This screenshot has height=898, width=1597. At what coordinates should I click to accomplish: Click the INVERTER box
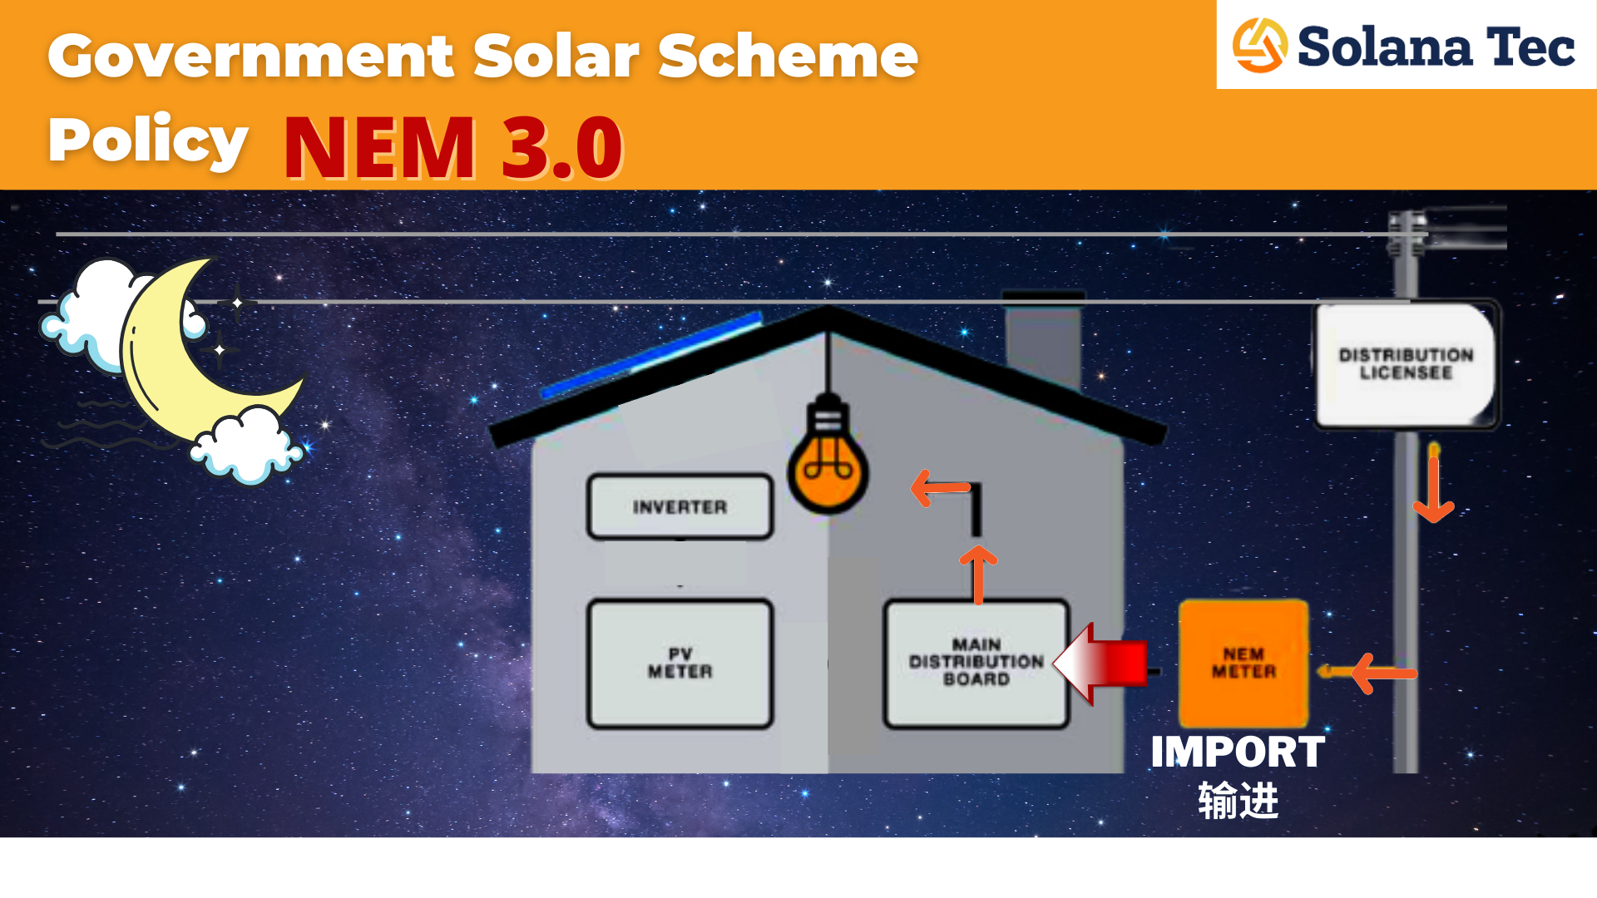click(680, 506)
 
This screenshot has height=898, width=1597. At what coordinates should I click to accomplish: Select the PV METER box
click(680, 663)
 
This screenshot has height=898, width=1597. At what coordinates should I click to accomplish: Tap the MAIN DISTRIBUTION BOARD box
click(976, 663)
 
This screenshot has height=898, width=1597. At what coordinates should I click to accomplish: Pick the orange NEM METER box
click(1243, 663)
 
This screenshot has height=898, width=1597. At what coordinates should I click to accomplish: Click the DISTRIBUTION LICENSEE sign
click(1406, 364)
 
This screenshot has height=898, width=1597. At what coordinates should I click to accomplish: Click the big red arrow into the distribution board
click(1102, 664)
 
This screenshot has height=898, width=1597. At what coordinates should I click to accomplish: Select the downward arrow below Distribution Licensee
click(1433, 486)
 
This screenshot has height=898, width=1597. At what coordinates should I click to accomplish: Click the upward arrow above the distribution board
click(978, 573)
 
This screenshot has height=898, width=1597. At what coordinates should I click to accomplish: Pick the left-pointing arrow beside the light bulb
click(940, 488)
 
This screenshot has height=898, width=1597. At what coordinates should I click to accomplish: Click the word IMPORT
click(1237, 752)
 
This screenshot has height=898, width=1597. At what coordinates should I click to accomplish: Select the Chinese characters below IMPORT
click(1238, 801)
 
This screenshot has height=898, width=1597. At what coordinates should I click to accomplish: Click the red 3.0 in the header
click(562, 147)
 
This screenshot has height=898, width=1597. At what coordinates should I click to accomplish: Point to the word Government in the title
click(250, 57)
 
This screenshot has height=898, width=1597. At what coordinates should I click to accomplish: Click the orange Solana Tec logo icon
click(1259, 46)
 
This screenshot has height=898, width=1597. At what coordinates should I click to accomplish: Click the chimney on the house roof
click(1043, 337)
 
